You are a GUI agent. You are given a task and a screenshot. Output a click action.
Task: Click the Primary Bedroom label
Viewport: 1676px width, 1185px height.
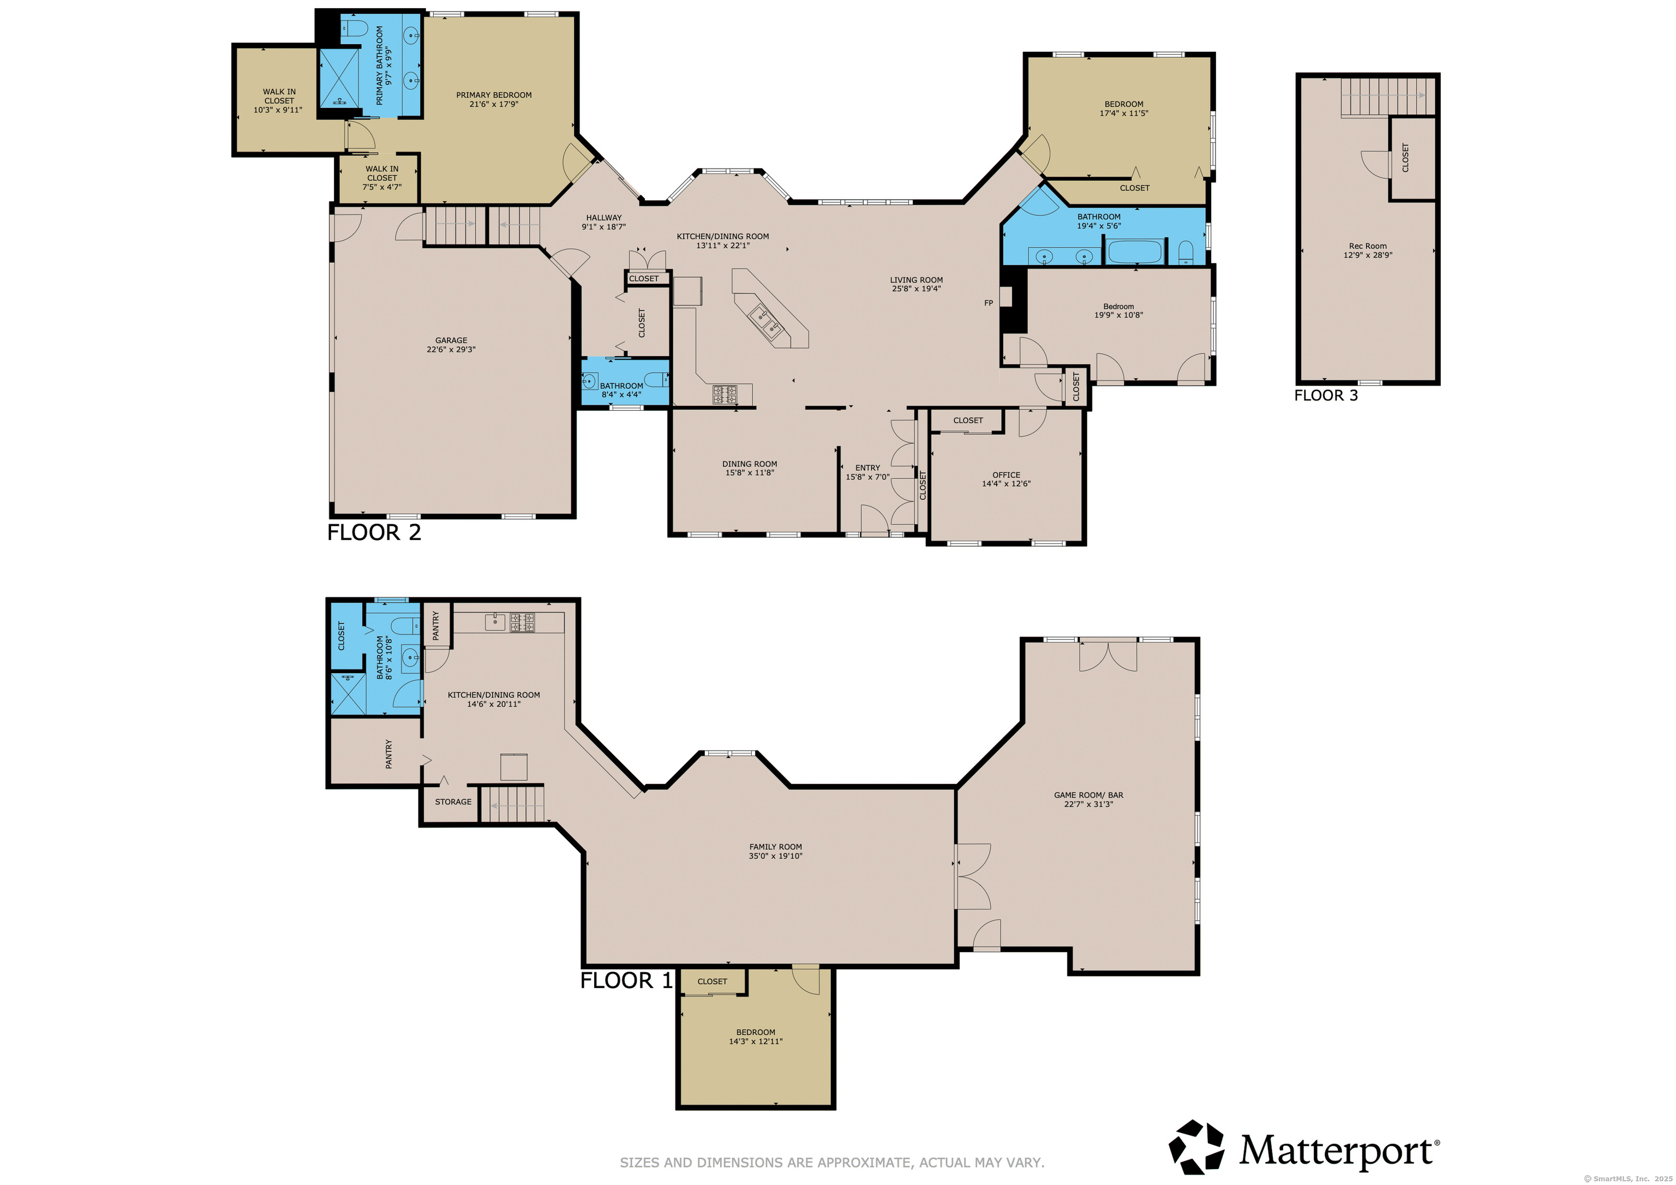493,95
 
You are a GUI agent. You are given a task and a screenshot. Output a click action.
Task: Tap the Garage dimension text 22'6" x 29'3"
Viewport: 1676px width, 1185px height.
451,350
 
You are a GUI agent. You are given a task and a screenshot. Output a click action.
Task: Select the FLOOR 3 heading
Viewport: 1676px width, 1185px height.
1326,396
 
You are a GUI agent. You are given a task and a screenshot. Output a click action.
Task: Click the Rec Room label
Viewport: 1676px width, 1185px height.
1367,246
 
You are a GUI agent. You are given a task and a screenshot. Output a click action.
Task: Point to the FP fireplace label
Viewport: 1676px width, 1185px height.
989,303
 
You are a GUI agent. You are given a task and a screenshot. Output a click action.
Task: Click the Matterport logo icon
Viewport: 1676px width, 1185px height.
1196,1147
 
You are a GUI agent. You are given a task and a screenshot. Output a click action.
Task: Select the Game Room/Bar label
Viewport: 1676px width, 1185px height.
1088,795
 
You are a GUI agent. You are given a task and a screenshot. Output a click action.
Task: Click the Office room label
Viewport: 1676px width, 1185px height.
1006,475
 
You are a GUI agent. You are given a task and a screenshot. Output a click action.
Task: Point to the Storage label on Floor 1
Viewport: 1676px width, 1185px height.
453,801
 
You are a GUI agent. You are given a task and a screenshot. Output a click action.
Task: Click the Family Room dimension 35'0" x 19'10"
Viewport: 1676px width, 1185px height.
775,855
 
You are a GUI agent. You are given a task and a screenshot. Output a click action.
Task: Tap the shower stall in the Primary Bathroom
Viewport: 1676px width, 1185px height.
339,77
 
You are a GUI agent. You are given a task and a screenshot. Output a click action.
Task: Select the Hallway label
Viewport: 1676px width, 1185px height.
604,218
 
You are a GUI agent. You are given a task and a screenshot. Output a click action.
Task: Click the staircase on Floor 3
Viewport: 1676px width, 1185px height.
1387,97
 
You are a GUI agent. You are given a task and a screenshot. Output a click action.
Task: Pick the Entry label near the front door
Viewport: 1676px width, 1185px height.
867,468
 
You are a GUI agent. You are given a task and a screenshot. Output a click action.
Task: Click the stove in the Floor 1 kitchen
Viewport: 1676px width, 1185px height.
522,622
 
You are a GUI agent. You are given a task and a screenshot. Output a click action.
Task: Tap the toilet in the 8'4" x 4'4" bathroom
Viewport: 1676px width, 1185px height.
656,379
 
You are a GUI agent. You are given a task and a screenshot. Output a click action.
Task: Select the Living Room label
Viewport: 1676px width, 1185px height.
916,280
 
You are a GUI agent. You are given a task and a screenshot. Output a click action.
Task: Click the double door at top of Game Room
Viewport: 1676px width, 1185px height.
1108,655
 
